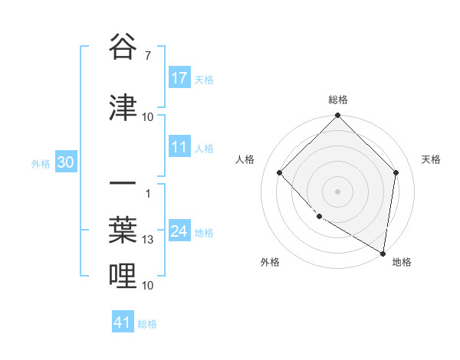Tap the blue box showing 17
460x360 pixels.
click(179, 78)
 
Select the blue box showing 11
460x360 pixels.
click(179, 147)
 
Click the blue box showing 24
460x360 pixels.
click(179, 231)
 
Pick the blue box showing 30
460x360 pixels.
click(66, 162)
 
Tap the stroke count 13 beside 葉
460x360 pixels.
click(149, 240)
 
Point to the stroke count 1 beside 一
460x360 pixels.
click(147, 193)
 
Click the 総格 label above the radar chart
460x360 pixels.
click(338, 100)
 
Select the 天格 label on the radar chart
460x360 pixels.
click(432, 159)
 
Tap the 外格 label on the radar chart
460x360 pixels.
click(270, 262)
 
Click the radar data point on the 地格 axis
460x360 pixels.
click(383, 253)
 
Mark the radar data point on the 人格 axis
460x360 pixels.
click(280, 173)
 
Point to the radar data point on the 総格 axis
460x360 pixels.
click(338, 116)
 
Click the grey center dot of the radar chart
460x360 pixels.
click(338, 191)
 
